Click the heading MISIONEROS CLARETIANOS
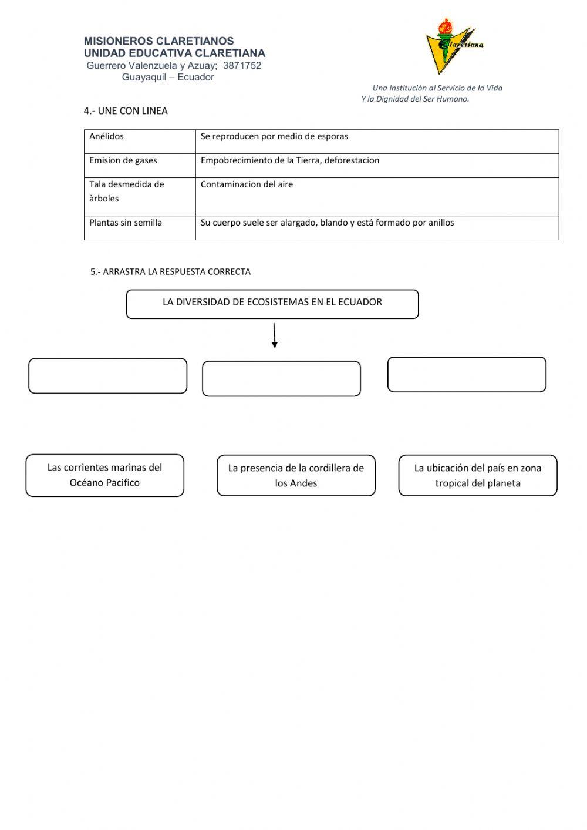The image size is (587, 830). click(x=158, y=41)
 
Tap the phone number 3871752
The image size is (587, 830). click(x=242, y=66)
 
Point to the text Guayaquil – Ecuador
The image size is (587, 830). click(x=168, y=77)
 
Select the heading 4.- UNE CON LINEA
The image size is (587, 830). click(x=126, y=110)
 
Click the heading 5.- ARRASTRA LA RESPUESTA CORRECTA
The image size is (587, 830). click(x=170, y=271)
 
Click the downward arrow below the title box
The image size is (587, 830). click(x=274, y=336)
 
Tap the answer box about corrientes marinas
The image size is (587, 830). click(x=104, y=475)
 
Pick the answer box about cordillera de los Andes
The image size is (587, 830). click(x=296, y=475)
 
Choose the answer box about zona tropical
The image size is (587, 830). click(x=478, y=475)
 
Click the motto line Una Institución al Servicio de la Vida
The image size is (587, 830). click(x=437, y=88)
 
